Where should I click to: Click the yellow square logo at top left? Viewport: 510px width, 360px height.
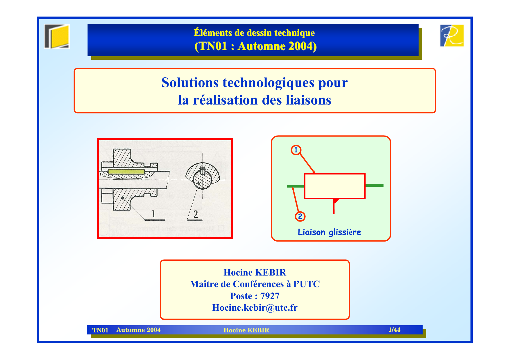[x=57, y=37]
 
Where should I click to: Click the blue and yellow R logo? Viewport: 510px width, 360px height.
[x=452, y=36]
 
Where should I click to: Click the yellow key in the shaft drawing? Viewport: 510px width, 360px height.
[x=126, y=172]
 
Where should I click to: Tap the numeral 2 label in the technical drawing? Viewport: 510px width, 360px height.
[x=196, y=214]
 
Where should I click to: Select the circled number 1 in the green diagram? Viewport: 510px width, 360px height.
[x=296, y=150]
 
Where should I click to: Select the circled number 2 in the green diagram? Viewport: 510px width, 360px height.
[x=300, y=216]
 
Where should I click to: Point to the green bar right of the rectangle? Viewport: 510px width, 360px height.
[x=374, y=185]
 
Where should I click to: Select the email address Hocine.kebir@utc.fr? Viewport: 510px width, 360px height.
[x=255, y=307]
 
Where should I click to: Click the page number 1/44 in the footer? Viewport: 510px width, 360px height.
[x=394, y=330]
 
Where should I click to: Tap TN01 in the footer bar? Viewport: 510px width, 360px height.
[x=100, y=330]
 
